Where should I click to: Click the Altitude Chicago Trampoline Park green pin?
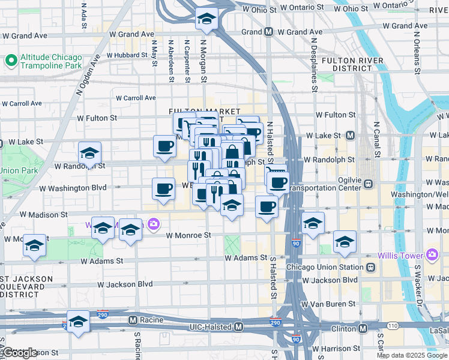(10, 60)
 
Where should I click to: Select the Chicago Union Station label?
(325, 266)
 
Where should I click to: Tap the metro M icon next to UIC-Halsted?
(239, 327)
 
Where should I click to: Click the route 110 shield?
(392, 325)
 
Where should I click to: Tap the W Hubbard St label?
(127, 55)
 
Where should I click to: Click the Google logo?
(19, 352)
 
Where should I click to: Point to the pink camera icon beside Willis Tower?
(431, 255)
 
